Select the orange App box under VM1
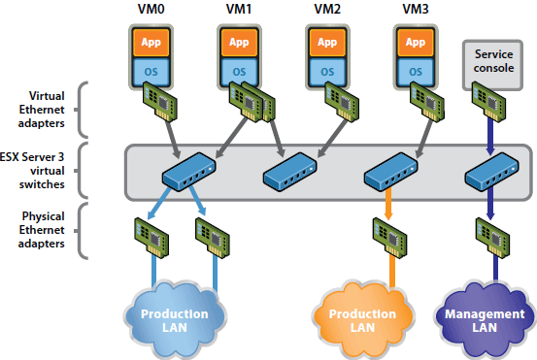point(236,44)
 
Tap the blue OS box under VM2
point(324,70)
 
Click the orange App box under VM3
point(413,44)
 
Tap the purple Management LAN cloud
point(483,320)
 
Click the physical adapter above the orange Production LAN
point(387,234)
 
